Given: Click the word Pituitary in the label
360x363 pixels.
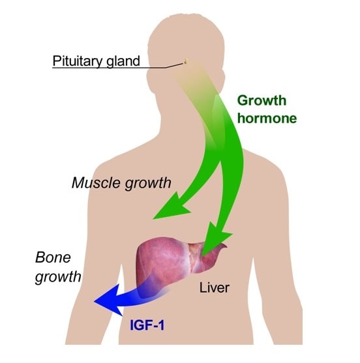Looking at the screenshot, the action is [x=78, y=61].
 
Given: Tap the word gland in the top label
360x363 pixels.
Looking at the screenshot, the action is [x=123, y=61].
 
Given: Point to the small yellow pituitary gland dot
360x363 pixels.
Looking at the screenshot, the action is [x=186, y=61].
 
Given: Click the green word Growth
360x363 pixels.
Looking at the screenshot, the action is [x=262, y=101].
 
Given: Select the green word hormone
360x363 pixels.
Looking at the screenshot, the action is [x=267, y=118].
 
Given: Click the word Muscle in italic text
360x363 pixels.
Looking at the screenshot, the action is [x=97, y=183].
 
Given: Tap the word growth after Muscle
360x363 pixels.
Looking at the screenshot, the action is [x=148, y=184].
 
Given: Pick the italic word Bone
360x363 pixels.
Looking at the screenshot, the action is [x=53, y=257].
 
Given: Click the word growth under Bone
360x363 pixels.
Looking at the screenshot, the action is [x=58, y=277].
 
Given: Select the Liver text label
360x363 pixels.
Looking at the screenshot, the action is [x=215, y=288].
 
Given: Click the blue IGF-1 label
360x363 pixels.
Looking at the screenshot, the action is [x=147, y=325].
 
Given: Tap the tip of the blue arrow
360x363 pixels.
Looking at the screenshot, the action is [x=95, y=302].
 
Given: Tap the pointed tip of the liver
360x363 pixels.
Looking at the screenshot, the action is [x=226, y=246].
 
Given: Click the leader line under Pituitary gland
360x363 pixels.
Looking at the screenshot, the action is [x=119, y=67].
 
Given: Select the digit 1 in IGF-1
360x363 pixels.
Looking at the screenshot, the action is [x=161, y=325].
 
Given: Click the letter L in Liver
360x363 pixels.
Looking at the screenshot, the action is [x=203, y=288].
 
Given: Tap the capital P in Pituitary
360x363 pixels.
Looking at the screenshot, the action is [x=57, y=61].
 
